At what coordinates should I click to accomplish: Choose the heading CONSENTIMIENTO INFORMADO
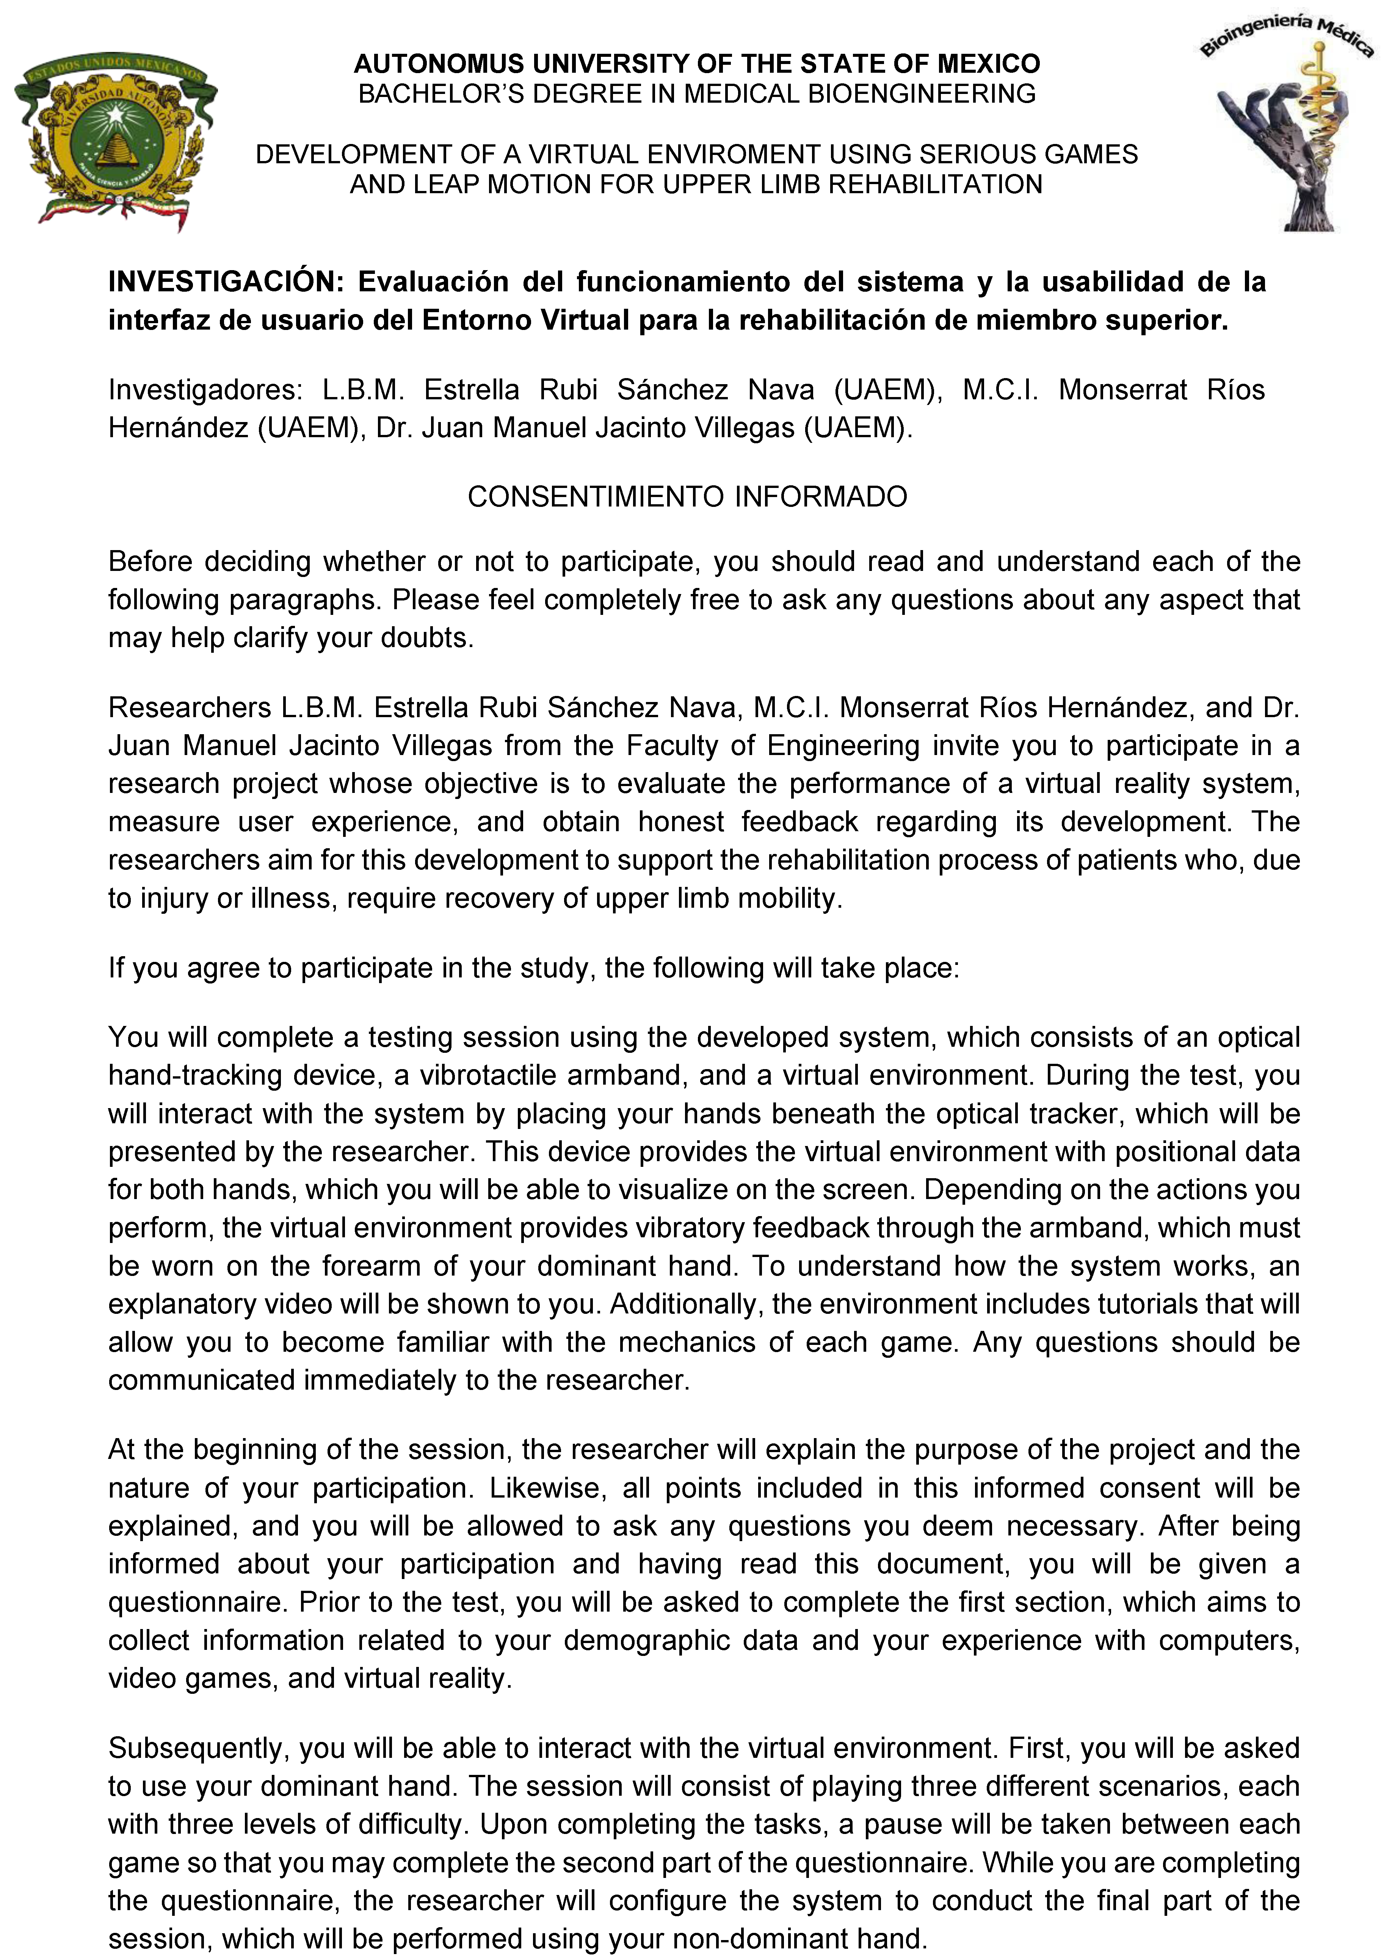[687, 497]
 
